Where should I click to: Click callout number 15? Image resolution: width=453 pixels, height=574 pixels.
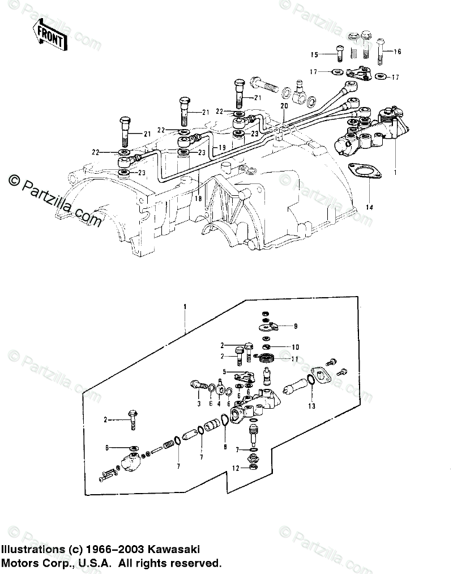point(314,54)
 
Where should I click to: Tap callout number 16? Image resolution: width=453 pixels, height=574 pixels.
point(398,52)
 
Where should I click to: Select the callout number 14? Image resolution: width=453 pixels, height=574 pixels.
point(370,208)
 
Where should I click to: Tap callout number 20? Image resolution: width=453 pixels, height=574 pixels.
point(284,106)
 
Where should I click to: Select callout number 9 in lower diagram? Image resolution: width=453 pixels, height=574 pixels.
point(295,327)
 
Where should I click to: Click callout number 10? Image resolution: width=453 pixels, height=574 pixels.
point(295,346)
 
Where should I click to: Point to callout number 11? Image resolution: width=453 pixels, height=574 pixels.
point(295,359)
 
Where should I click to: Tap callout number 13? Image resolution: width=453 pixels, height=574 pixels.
point(311,406)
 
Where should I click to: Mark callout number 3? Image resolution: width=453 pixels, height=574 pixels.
point(199,403)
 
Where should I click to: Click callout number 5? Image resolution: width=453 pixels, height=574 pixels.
point(224,372)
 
